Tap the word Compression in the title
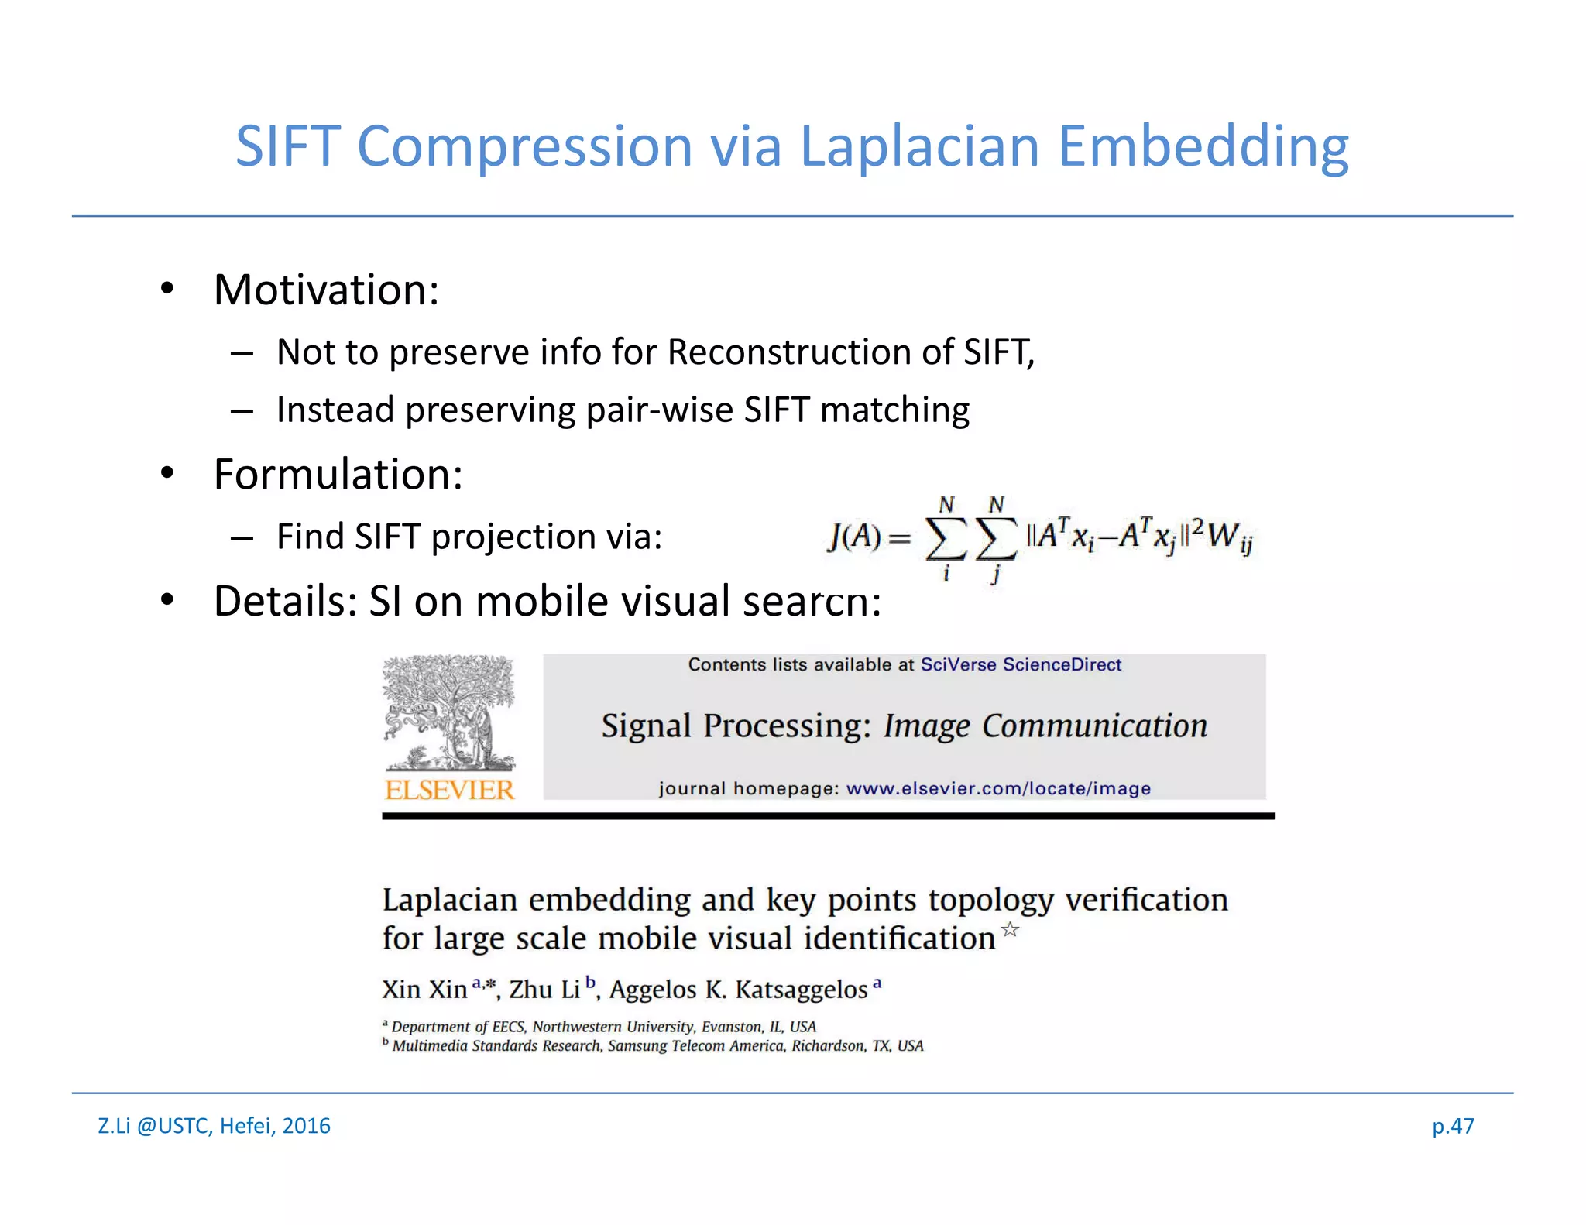(524, 147)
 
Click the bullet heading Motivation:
(326, 290)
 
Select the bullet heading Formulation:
(338, 475)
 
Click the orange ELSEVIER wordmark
(449, 790)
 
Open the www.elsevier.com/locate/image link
(997, 788)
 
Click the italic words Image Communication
(1045, 726)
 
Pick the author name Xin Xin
(424, 990)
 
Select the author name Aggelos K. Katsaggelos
(738, 990)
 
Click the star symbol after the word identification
(1010, 929)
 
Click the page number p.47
(1452, 1125)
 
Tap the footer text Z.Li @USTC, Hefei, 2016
(214, 1125)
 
